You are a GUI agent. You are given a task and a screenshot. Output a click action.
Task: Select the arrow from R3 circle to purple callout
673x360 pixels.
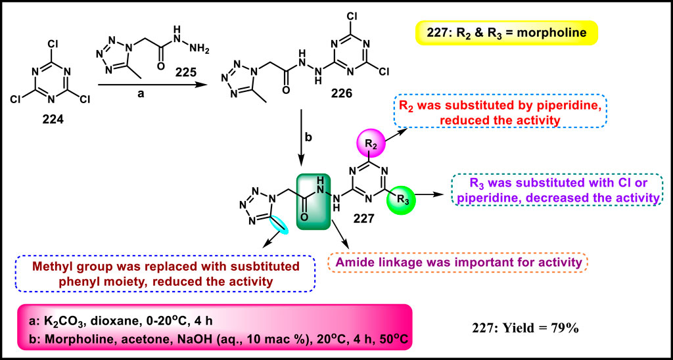click(x=431, y=194)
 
